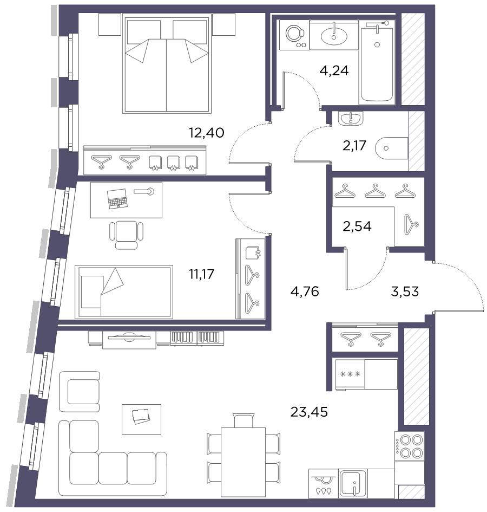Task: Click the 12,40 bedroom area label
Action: click(x=207, y=133)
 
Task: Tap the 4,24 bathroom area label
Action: click(x=334, y=70)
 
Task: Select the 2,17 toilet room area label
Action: click(x=354, y=146)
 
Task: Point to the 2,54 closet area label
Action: click(x=357, y=226)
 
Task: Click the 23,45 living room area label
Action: click(x=309, y=412)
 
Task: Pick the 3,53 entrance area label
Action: click(x=405, y=291)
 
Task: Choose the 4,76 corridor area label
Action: click(x=305, y=291)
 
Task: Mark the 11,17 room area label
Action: click(x=202, y=274)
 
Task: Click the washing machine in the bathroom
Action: click(x=294, y=35)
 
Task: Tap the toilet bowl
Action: click(x=391, y=148)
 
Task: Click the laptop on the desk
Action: click(x=117, y=198)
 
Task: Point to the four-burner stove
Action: click(x=410, y=446)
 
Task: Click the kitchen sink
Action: click(x=353, y=484)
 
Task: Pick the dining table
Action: click(x=243, y=466)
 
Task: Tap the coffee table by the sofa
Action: click(x=141, y=419)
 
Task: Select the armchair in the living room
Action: click(x=79, y=392)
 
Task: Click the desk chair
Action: click(x=126, y=235)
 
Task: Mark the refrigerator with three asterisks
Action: click(x=366, y=374)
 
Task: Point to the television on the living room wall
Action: click(x=129, y=338)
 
